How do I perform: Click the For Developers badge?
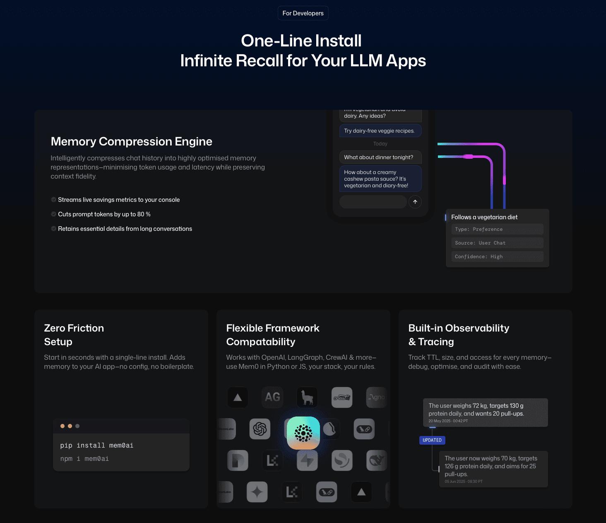pyautogui.click(x=303, y=13)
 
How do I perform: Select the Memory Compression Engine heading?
pyautogui.click(x=131, y=142)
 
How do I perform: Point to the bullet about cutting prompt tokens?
pyautogui.click(x=104, y=214)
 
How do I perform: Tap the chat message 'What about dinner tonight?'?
pyautogui.click(x=379, y=157)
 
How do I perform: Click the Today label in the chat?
pyautogui.click(x=380, y=144)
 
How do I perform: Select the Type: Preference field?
pyautogui.click(x=497, y=229)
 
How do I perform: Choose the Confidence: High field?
pyautogui.click(x=497, y=257)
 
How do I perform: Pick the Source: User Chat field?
pyautogui.click(x=497, y=243)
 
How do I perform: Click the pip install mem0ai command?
pyautogui.click(x=97, y=446)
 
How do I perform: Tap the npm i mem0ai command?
pyautogui.click(x=84, y=459)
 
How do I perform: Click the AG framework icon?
pyautogui.click(x=272, y=397)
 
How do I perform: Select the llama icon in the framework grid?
pyautogui.click(x=307, y=397)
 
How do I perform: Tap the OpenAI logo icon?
pyautogui.click(x=260, y=429)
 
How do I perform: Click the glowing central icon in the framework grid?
pyautogui.click(x=303, y=433)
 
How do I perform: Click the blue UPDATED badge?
pyautogui.click(x=432, y=440)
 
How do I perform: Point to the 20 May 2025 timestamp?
pyautogui.click(x=448, y=421)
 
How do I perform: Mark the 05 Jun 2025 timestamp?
pyautogui.click(x=464, y=482)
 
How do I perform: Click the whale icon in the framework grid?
pyautogui.click(x=377, y=460)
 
